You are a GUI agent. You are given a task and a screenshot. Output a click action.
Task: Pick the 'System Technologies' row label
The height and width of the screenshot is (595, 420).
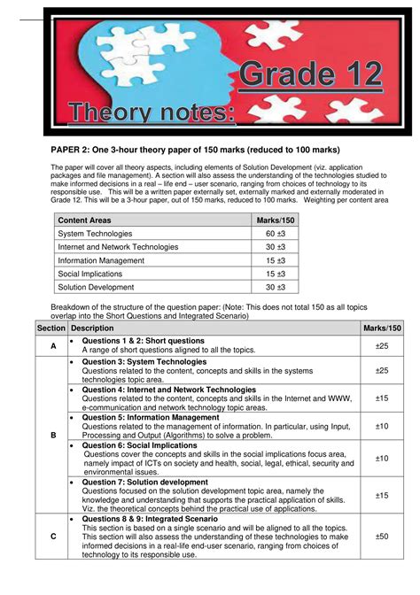pyautogui.click(x=95, y=233)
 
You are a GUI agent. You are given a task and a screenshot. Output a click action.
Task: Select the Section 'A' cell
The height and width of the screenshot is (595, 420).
pyautogui.click(x=52, y=346)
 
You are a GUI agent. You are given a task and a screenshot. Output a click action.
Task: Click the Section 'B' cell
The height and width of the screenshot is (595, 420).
pyautogui.click(x=52, y=435)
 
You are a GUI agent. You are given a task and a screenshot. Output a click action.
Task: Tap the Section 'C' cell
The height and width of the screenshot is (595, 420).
pyautogui.click(x=52, y=536)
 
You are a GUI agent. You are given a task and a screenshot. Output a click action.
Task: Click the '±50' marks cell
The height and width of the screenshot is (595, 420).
pyautogui.click(x=382, y=536)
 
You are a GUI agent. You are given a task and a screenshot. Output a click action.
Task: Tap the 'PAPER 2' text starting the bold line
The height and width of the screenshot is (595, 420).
pyautogui.click(x=69, y=149)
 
